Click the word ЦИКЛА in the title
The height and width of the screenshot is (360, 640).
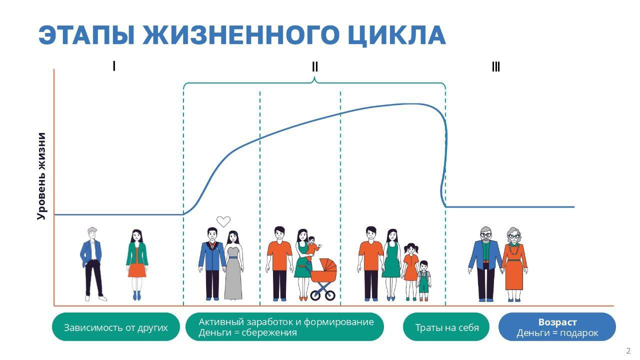click(x=397, y=36)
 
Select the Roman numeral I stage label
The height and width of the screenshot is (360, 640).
click(x=114, y=66)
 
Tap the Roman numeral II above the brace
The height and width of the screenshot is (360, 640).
click(x=314, y=67)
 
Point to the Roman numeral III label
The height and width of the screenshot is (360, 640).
click(x=495, y=67)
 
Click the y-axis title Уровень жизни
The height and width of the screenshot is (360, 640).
click(x=41, y=176)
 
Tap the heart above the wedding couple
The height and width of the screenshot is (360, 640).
click(x=223, y=221)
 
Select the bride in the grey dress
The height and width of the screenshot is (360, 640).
click(x=234, y=265)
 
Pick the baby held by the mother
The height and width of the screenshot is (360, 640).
click(x=313, y=248)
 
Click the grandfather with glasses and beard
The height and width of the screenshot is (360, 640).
click(x=485, y=264)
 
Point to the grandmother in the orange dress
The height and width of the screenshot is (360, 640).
click(x=514, y=264)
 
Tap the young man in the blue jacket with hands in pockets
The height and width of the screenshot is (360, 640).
click(x=92, y=264)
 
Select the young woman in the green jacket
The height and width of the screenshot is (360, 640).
click(x=137, y=264)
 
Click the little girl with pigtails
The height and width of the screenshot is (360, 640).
click(x=410, y=271)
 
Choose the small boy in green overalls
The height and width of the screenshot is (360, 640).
click(x=423, y=280)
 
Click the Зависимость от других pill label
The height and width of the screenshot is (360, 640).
click(x=115, y=327)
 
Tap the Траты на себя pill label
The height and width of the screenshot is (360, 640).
click(x=446, y=327)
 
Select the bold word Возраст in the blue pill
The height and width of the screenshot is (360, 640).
click(x=557, y=322)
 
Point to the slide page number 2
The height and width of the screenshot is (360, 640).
click(x=628, y=351)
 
